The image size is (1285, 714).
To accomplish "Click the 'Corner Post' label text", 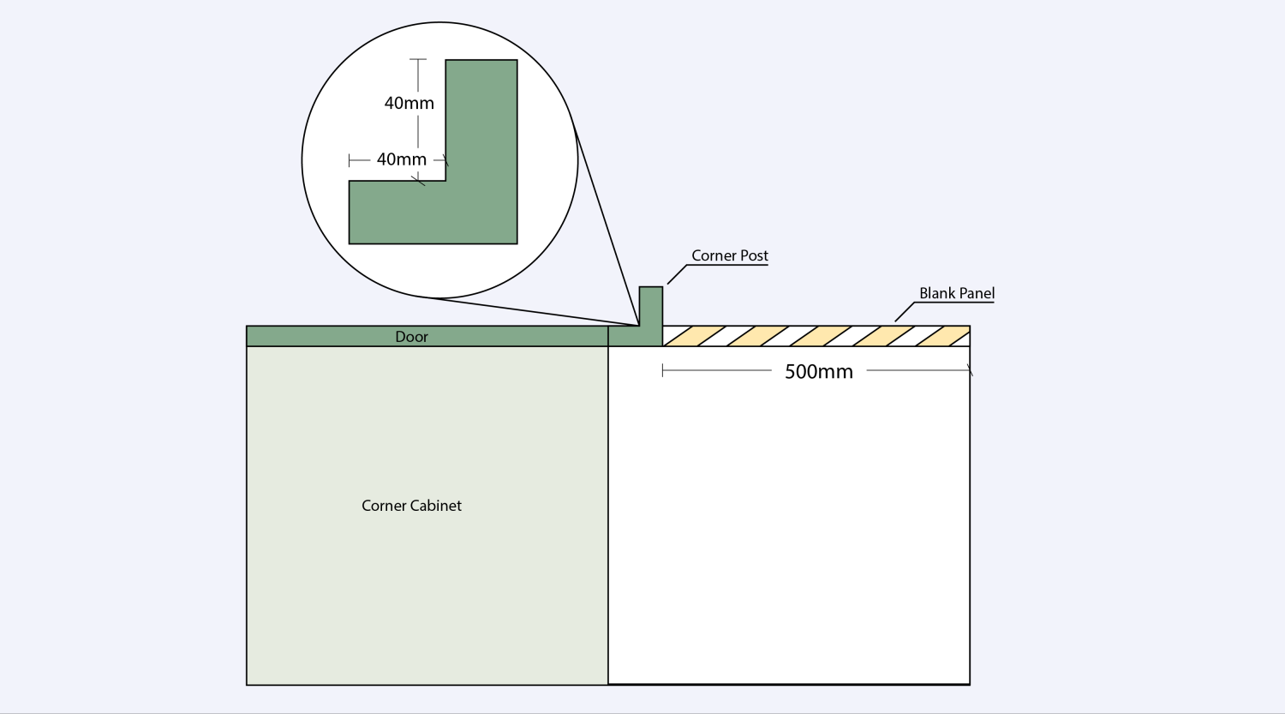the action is click(729, 255).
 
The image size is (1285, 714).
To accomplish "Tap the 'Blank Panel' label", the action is click(957, 293).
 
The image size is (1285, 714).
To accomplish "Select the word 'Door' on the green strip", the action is click(411, 337).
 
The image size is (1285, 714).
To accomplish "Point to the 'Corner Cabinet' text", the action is click(411, 506).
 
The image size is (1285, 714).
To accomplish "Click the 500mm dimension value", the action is click(819, 372).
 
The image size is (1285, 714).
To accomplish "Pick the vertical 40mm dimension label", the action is click(409, 104).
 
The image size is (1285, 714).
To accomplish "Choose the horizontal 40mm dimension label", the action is click(402, 159).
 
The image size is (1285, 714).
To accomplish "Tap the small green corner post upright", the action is click(651, 306).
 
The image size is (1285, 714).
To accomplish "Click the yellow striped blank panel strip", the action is click(816, 336).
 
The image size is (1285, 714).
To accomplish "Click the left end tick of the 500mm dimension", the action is click(662, 370).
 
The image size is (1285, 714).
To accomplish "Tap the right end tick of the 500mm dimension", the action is click(970, 370).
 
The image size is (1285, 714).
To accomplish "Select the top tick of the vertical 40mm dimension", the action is click(418, 59).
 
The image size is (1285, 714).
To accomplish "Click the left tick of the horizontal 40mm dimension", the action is click(350, 160).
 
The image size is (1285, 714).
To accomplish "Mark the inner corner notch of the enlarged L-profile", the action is click(445, 181).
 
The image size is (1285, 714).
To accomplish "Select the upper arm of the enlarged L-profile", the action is click(481, 120).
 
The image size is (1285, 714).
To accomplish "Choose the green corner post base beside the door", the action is click(636, 336).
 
